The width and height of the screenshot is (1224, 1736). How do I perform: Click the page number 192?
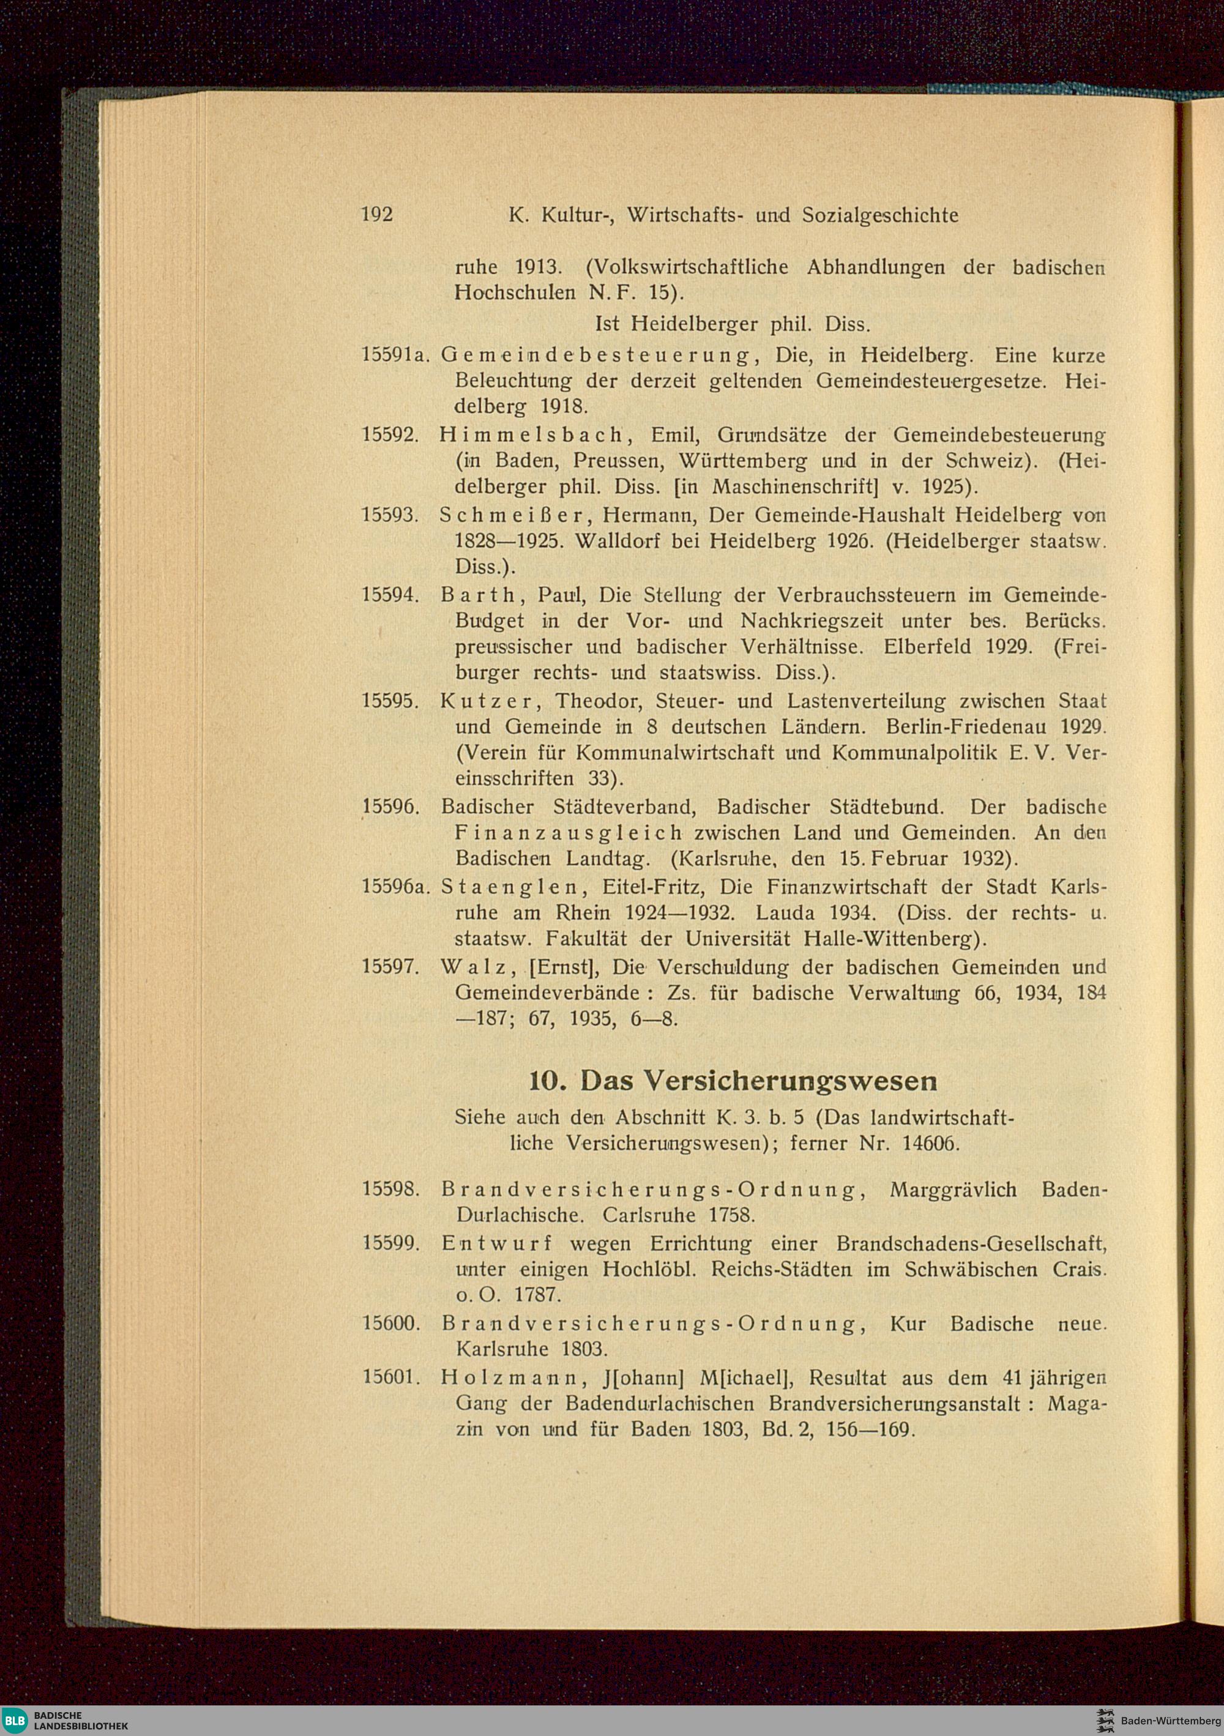point(377,215)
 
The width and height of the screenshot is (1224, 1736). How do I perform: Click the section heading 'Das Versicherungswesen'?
point(758,1081)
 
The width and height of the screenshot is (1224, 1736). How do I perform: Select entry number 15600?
point(390,1324)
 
